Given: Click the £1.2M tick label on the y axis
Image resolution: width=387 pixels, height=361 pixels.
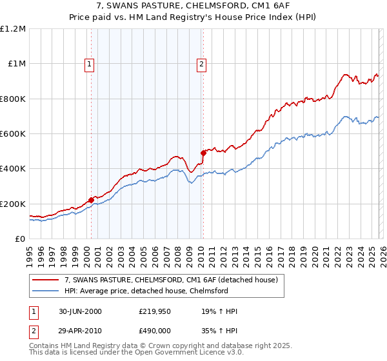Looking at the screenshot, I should [13, 29].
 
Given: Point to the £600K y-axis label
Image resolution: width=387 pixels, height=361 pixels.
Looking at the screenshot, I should [13, 134].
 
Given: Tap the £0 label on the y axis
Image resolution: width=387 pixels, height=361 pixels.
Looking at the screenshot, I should [21, 239].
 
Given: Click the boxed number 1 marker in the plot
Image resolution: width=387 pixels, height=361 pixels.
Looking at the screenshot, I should [88, 64].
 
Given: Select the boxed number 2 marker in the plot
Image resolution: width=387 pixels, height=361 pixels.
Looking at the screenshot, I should [202, 64].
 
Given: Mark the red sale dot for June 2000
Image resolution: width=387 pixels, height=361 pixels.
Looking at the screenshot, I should [91, 200].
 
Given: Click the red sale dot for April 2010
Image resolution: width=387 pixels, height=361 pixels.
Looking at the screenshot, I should [203, 153].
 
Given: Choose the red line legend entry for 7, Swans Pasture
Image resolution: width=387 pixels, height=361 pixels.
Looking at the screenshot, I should [171, 280].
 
